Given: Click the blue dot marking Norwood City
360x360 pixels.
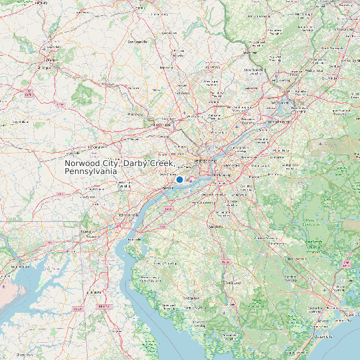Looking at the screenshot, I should tap(179, 179).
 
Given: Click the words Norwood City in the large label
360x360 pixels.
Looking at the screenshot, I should tap(91, 163).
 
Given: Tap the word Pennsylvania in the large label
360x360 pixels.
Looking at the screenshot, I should tap(91, 171).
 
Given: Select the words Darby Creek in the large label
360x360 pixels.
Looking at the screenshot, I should tap(149, 163).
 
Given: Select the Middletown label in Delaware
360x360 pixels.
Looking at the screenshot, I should tap(97, 292).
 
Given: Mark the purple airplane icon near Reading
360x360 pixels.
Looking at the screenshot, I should tap(44, 48).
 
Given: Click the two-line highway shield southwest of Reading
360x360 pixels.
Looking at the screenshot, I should tap(28, 94).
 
